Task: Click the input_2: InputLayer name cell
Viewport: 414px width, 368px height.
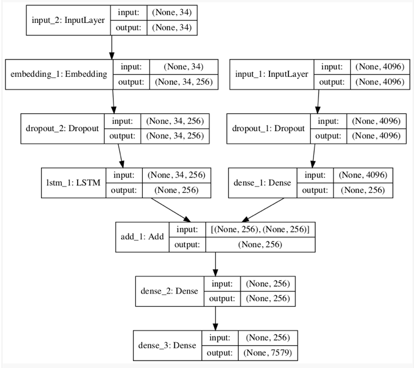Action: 68,20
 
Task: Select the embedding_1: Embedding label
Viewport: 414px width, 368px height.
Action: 59,74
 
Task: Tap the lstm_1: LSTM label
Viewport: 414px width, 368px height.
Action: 74,183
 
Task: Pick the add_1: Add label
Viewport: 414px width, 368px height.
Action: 142,236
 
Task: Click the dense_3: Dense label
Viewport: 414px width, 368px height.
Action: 167,345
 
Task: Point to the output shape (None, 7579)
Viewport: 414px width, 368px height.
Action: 268,353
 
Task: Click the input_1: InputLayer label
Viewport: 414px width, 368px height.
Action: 272,74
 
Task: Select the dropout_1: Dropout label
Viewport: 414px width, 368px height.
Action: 268,128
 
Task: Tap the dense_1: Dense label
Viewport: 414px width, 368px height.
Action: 262,183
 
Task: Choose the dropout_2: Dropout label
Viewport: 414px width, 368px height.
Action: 62,128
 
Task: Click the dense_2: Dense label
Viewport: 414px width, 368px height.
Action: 169,291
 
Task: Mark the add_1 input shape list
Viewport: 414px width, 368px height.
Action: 260,229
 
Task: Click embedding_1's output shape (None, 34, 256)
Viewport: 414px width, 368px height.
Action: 184,82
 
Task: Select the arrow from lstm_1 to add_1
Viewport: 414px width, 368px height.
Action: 171,210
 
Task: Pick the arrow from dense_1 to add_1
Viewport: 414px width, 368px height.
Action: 263,210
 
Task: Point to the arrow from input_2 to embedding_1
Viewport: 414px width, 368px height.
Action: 112,47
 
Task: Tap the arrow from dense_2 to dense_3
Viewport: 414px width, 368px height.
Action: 215,319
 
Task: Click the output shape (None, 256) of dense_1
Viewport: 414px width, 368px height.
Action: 363,190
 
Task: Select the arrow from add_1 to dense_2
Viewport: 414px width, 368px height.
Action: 215,264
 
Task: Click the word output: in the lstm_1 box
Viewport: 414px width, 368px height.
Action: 124,190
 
